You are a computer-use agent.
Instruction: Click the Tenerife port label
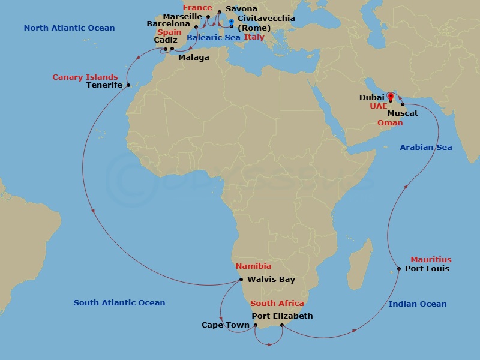pos(104,85)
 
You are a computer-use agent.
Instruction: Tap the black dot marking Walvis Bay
pos(241,280)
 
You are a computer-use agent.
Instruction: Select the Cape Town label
pos(226,325)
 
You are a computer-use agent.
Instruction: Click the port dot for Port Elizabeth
pos(282,326)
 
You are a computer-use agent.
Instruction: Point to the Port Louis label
pos(427,269)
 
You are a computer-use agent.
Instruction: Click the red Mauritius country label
pos(431,260)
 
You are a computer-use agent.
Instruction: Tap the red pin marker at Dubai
pos(390,96)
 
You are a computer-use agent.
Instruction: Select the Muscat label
pos(404,113)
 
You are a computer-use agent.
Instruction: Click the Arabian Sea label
pos(426,148)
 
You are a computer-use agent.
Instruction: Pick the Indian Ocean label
pos(418,304)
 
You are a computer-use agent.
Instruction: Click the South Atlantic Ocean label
pos(119,303)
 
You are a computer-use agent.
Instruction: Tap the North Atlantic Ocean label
pos(69,28)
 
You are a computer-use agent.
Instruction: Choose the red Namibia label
pos(253,266)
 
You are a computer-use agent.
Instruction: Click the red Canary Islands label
pos(85,77)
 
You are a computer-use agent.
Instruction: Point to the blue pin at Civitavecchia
pos(232,22)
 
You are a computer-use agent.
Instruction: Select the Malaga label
pos(194,58)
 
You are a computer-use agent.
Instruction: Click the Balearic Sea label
pos(214,37)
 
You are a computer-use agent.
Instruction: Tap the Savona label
pos(242,9)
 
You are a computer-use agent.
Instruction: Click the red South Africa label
pos(277,304)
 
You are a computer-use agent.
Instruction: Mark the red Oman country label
pos(390,122)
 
